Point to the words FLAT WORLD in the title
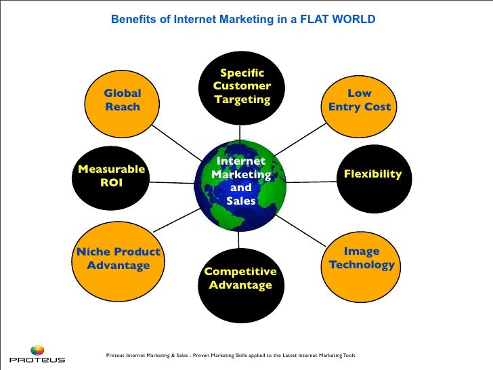[342, 20]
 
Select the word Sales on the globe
[241, 201]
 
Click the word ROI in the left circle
[112, 183]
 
